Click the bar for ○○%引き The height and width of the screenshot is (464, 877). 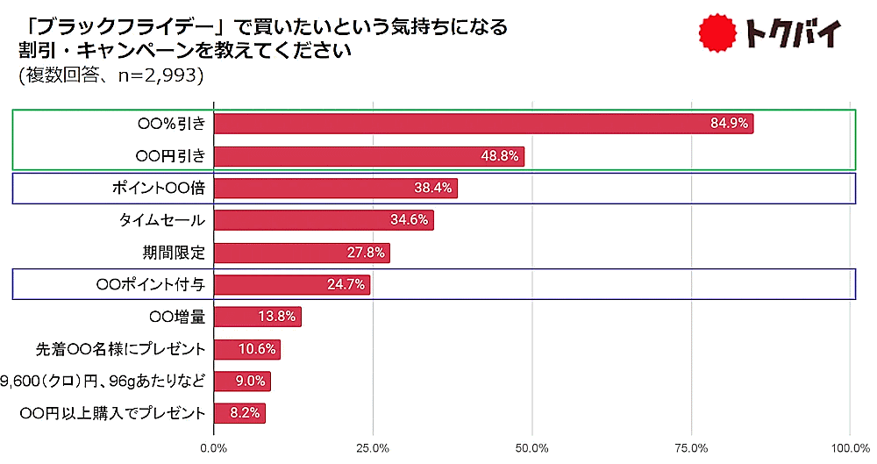[x=483, y=124]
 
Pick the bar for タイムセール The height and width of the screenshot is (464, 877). [x=324, y=220]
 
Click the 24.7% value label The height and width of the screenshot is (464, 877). [x=349, y=285]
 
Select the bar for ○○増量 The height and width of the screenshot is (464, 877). [x=258, y=317]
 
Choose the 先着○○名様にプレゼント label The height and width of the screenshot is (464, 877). [x=128, y=349]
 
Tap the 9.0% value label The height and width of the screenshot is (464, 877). [x=251, y=382]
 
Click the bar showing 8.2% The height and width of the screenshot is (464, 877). [x=239, y=413]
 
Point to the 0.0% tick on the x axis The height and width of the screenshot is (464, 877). [x=214, y=448]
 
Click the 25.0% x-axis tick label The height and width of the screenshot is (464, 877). [x=374, y=448]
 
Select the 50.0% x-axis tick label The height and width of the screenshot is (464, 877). [x=533, y=448]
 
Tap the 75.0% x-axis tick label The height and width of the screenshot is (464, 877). [x=692, y=448]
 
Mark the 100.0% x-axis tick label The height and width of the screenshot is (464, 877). [x=849, y=448]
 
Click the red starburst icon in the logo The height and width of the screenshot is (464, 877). [x=718, y=34]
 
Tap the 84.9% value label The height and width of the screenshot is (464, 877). [x=729, y=124]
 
